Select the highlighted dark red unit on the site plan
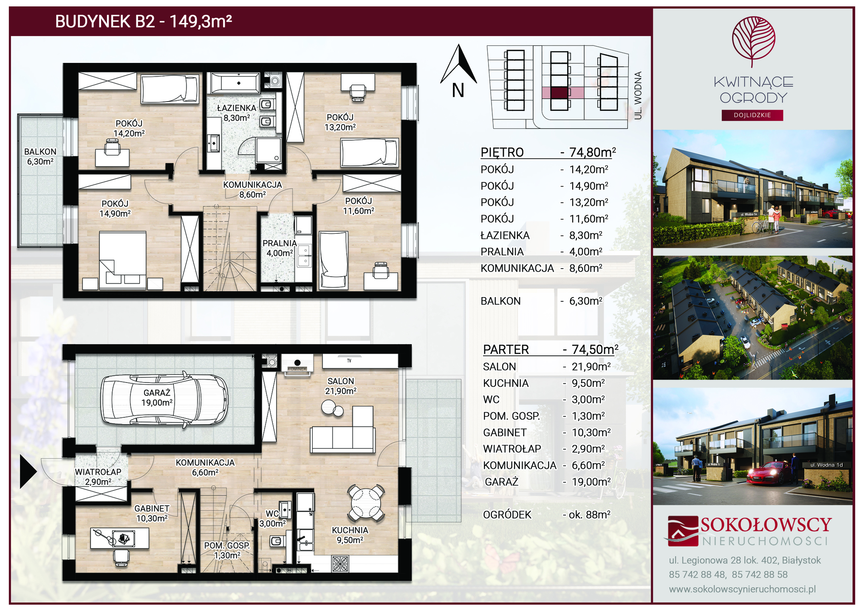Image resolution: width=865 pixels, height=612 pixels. tap(559, 93)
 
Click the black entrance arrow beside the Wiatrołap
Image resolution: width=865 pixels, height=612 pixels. tap(28, 471)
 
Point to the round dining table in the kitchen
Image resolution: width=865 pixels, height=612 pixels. tap(366, 503)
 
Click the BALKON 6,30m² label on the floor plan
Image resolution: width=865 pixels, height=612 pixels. tap(40, 156)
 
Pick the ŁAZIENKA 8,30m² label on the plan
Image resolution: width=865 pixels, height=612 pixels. tap(237, 113)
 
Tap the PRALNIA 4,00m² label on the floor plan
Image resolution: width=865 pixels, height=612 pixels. tap(280, 248)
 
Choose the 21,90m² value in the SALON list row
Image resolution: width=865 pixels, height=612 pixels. tap(591, 366)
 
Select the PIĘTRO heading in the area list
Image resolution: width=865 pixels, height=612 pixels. tap(502, 152)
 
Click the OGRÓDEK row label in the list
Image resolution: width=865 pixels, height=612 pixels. tap(507, 515)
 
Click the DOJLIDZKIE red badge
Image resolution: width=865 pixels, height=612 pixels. tap(752, 115)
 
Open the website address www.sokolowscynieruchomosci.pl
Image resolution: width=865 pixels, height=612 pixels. tap(742, 589)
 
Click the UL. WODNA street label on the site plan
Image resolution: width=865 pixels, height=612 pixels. tap(638, 96)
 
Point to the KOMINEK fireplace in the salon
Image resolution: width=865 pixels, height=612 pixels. tap(297, 364)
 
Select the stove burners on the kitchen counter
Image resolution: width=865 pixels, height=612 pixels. tap(340, 564)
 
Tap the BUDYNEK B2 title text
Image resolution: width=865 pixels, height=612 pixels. tap(144, 21)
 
